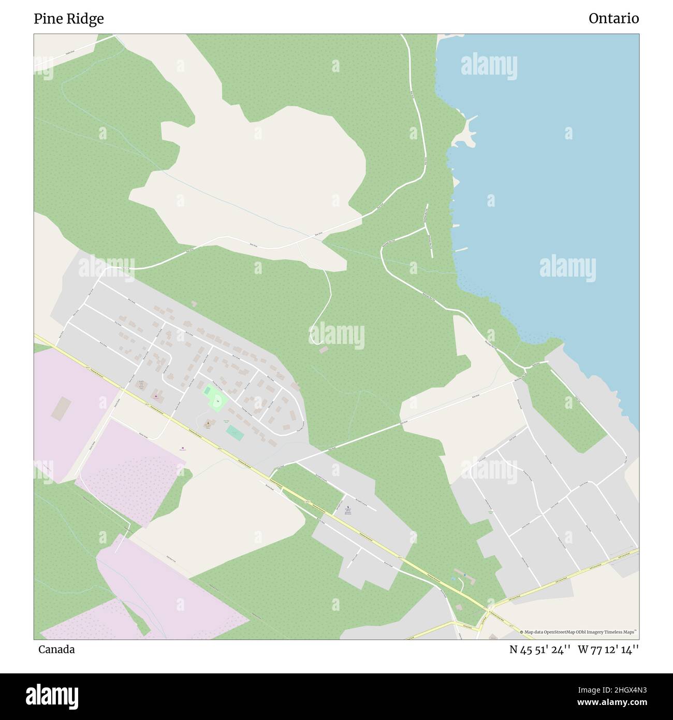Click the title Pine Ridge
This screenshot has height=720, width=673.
tap(68, 19)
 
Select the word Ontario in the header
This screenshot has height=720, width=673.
tap(613, 19)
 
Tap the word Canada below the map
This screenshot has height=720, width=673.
tap(56, 650)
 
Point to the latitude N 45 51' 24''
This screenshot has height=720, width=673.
tap(540, 650)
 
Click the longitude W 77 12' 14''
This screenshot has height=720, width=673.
tap(608, 650)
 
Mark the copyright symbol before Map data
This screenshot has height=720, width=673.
tap(522, 632)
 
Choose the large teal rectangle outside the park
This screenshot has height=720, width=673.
tap(235, 433)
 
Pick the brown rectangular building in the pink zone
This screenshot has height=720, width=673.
tap(61, 408)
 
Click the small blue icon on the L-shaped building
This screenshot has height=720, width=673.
tap(465, 575)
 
